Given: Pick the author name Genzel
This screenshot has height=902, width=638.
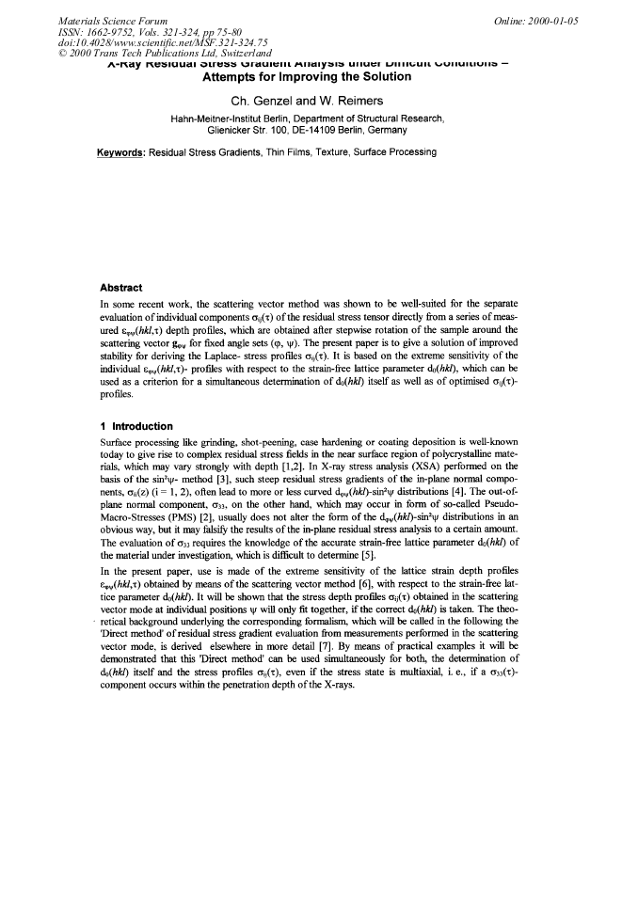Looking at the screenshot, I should [278, 101].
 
